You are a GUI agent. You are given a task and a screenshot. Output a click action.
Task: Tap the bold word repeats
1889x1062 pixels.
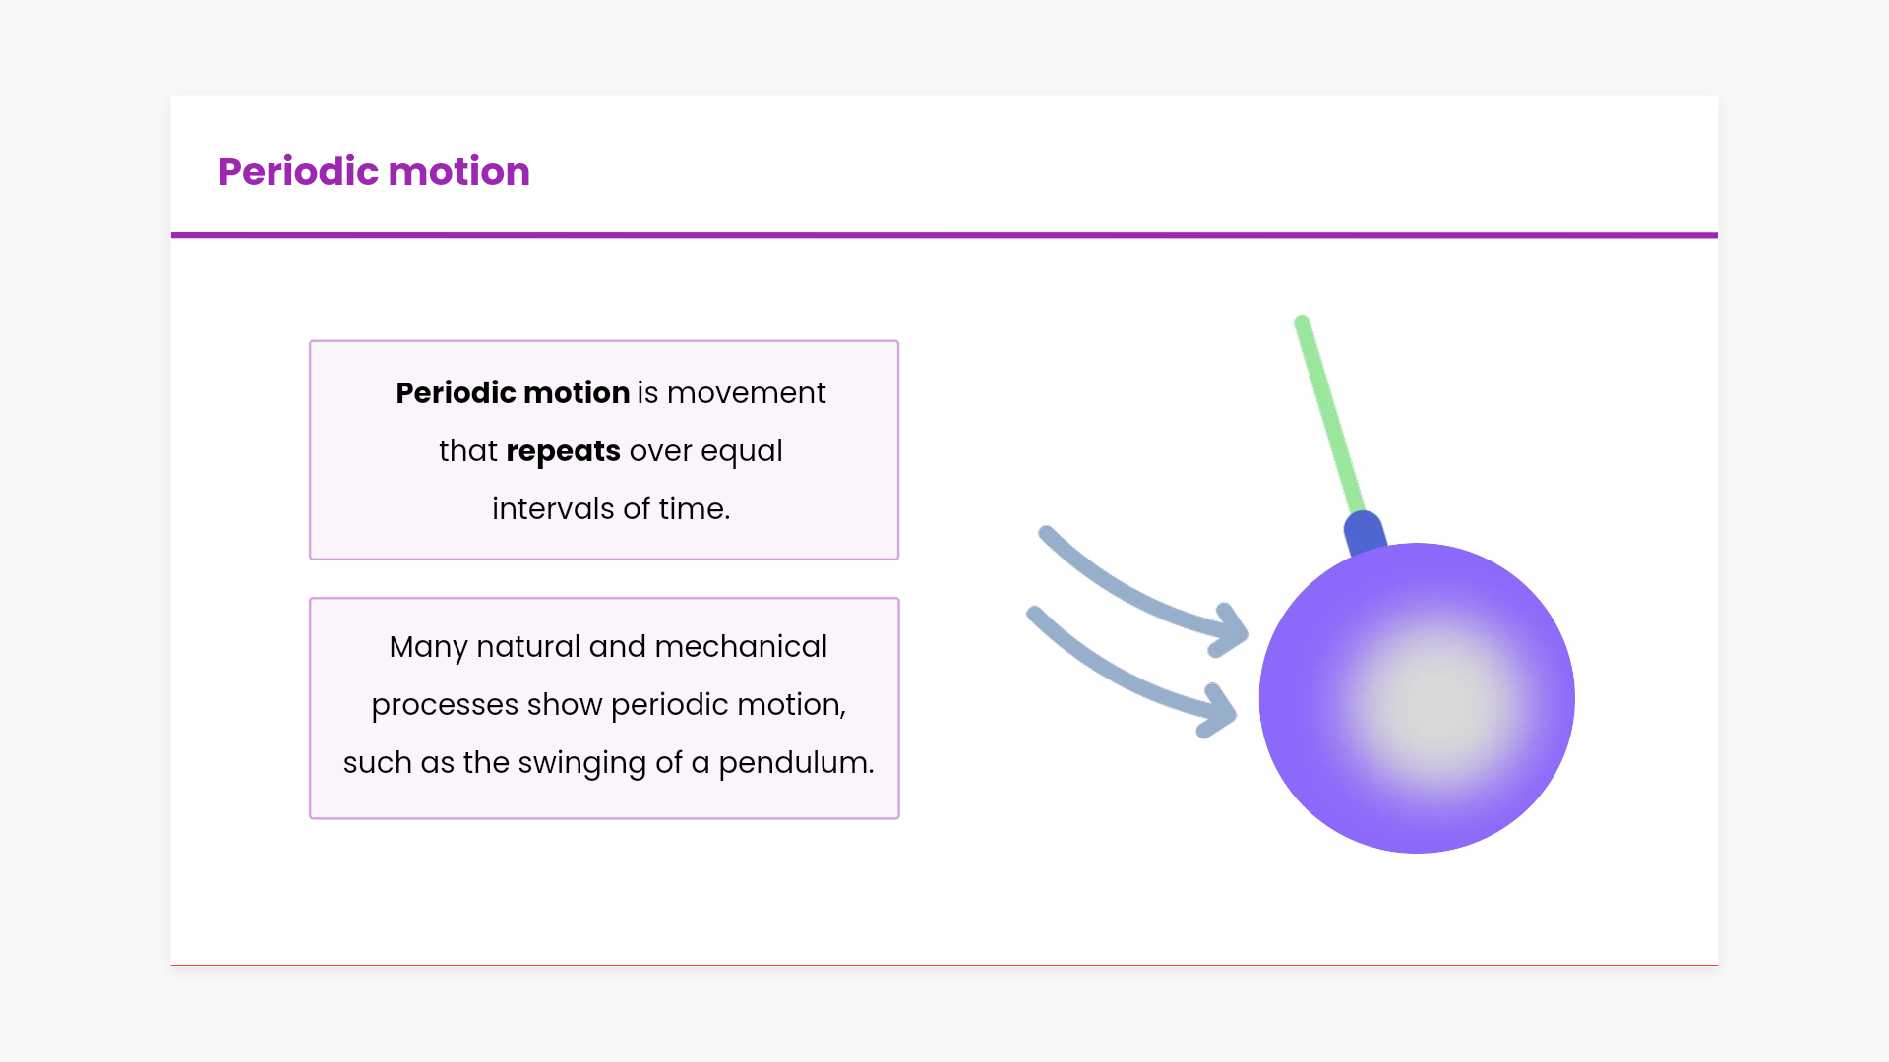pyautogui.click(x=563, y=451)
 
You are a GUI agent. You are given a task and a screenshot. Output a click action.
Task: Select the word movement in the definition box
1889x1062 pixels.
pyautogui.click(x=746, y=393)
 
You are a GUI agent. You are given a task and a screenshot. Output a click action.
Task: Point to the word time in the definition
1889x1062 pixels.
pyautogui.click(x=695, y=508)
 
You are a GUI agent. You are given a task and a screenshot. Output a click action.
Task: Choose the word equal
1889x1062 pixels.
pyautogui.click(x=741, y=452)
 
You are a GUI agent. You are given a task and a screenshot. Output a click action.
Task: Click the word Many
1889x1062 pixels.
pyautogui.click(x=428, y=648)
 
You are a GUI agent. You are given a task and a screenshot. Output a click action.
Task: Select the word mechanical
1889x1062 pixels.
pyautogui.click(x=741, y=647)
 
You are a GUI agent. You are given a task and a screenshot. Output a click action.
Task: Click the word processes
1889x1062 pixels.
pyautogui.click(x=445, y=706)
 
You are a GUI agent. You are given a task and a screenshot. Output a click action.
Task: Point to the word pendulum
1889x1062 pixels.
pyautogui.click(x=796, y=764)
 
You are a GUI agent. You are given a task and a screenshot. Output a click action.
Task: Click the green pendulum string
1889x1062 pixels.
pyautogui.click(x=1328, y=415)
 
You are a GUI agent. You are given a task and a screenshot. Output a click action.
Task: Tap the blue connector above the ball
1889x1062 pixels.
pyautogui.click(x=1366, y=534)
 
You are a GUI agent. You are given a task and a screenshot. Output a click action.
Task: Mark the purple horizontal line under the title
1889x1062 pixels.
pyautogui.click(x=944, y=235)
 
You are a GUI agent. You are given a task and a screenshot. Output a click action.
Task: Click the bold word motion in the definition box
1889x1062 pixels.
pyautogui.click(x=577, y=393)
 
